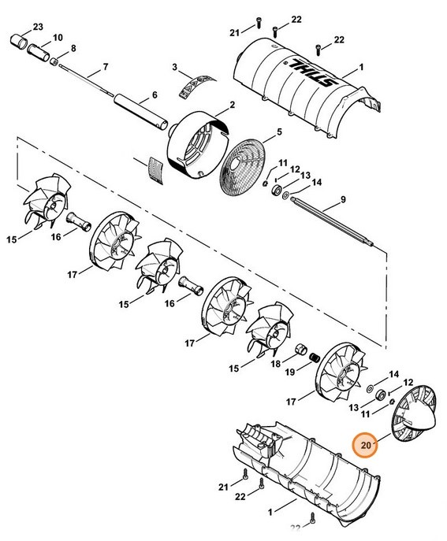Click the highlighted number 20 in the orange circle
click(x=366, y=446)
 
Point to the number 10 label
click(x=57, y=38)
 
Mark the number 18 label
click(x=274, y=364)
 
